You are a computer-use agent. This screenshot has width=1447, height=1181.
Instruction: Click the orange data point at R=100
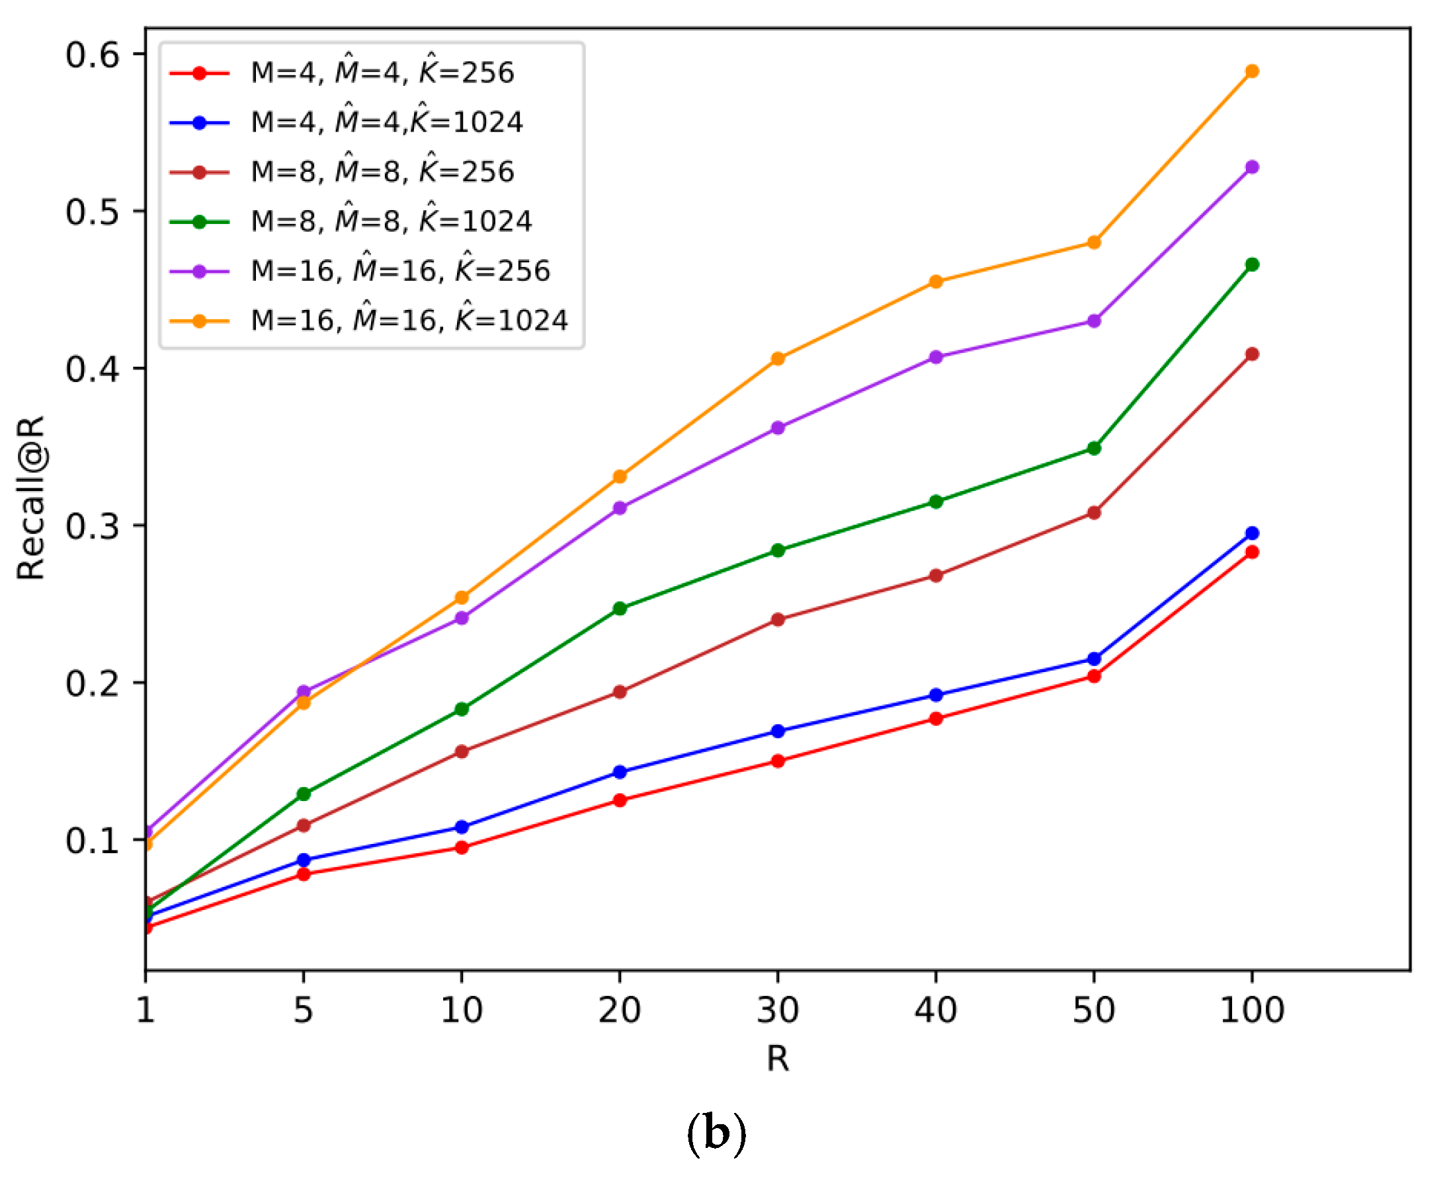[1252, 71]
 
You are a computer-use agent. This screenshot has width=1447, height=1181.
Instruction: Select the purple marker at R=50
[1094, 321]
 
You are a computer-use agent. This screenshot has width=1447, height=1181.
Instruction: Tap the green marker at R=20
[620, 609]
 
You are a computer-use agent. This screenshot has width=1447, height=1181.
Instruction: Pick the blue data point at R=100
[1252, 533]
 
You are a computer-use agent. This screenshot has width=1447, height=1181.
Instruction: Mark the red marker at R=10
[462, 848]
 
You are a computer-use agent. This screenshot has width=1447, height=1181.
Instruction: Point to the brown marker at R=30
[778, 620]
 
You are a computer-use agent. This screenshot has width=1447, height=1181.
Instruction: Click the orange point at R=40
[936, 282]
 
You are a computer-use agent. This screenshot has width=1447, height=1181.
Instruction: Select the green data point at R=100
[1252, 264]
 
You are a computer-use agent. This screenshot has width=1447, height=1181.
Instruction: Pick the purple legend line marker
[200, 272]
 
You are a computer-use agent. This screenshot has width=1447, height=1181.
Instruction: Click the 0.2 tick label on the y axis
[92, 683]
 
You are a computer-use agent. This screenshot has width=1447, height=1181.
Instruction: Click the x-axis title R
[778, 1059]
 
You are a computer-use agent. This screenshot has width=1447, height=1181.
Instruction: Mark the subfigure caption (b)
[716, 1134]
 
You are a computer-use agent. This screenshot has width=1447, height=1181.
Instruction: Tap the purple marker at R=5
[304, 692]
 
